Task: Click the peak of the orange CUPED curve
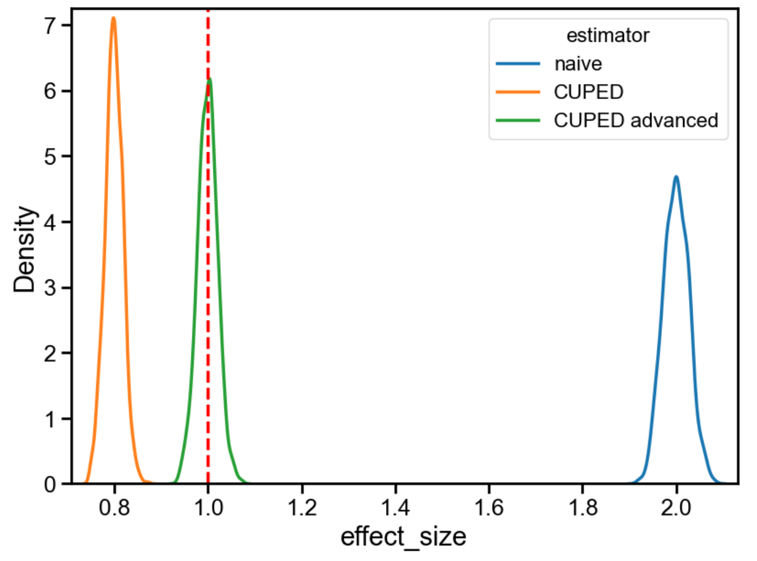114,18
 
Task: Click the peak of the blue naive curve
676,177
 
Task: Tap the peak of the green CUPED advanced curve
209,80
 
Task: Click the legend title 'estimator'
607,35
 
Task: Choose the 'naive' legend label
578,64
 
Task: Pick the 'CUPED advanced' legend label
636,121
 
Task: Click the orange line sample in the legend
518,92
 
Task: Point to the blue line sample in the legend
518,64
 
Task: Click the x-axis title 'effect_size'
403,537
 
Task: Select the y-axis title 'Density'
26,249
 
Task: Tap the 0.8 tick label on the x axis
114,508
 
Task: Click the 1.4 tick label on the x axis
395,508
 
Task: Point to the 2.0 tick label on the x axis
676,508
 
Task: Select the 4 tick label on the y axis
50,223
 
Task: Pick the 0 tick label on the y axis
50,485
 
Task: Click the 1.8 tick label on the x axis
583,508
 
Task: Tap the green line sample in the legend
518,121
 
